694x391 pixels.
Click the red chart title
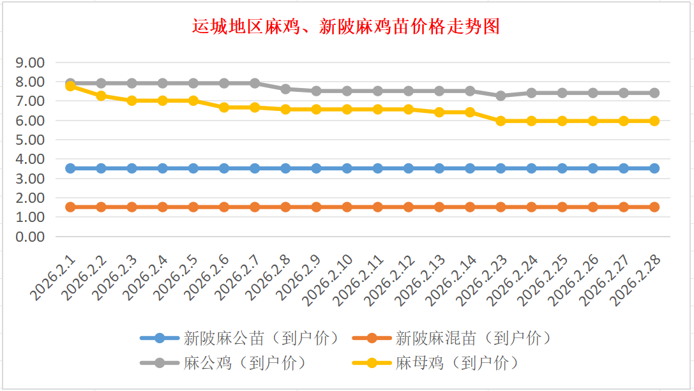click(346, 27)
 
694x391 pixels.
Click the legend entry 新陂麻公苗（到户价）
click(260, 338)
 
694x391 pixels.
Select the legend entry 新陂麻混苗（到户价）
click(472, 338)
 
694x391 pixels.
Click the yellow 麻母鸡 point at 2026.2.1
click(70, 86)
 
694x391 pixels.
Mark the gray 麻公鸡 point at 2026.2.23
click(501, 96)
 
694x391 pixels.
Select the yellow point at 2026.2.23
click(501, 121)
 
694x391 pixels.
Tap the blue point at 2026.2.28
click(654, 168)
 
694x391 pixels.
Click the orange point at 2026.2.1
click(70, 207)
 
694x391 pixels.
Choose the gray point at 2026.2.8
click(285, 89)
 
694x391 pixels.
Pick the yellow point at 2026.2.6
click(224, 107)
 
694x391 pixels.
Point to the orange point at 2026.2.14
click(470, 207)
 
